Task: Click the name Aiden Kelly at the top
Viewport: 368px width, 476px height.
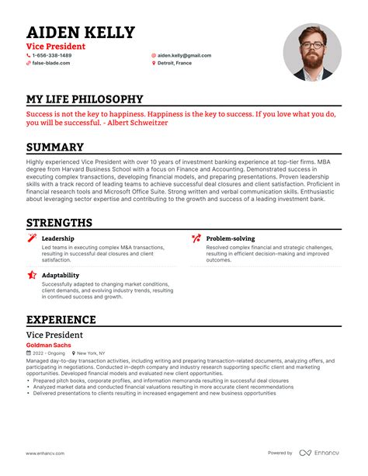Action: tap(81, 33)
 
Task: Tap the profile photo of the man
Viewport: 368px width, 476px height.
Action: tap(312, 52)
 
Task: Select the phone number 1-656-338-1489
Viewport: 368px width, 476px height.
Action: tap(52, 56)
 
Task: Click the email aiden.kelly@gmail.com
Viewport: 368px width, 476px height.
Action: tap(184, 56)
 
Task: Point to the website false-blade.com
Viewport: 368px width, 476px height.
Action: tap(50, 63)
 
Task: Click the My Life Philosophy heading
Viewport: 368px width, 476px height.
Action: tap(85, 99)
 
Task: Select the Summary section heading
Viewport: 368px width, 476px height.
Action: tap(55, 148)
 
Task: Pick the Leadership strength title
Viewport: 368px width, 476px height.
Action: tap(58, 238)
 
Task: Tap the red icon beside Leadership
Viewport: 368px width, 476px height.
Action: tap(32, 238)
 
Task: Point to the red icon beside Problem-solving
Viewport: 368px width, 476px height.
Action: tap(196, 238)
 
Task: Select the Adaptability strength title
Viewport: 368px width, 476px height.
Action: tap(61, 275)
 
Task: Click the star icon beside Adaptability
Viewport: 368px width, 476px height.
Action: tap(32, 275)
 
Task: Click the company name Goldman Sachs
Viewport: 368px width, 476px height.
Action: tap(48, 344)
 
